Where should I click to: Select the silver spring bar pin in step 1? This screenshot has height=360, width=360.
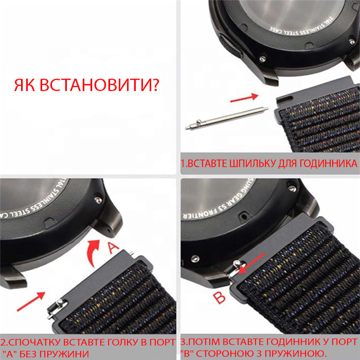226,118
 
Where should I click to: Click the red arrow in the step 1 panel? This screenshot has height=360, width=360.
244,97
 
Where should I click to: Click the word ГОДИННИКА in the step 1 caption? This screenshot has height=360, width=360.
329,164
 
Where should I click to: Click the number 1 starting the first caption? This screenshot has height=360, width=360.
183,164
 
